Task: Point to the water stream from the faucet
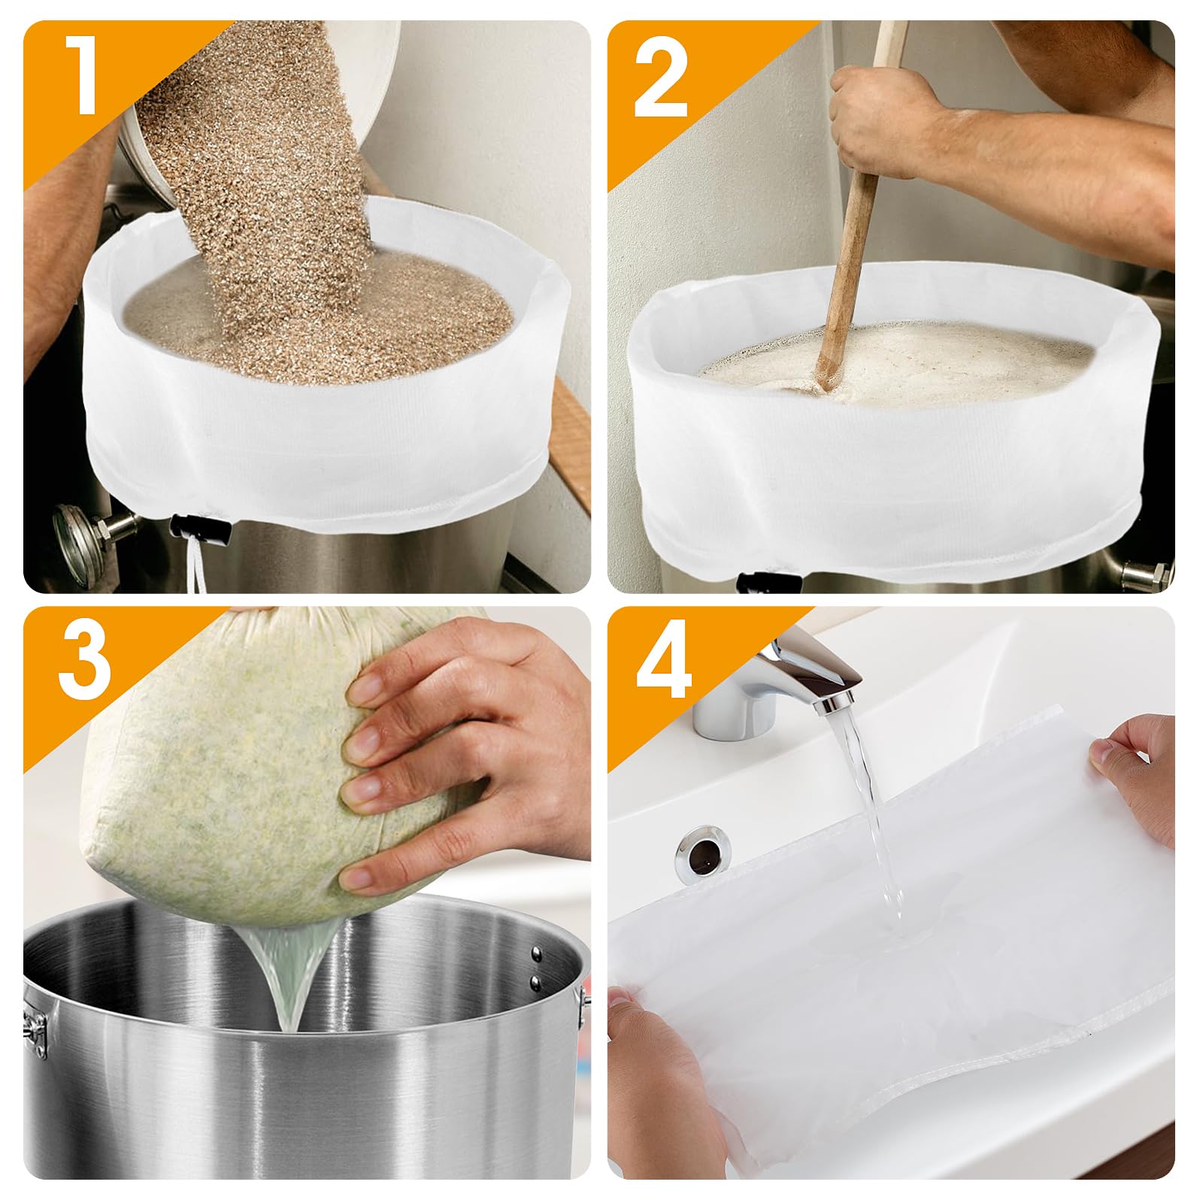(872, 820)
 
